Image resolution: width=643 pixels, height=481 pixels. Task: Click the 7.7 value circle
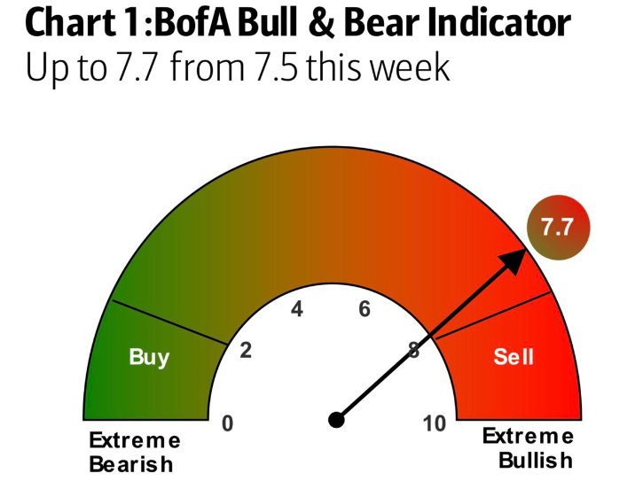(558, 228)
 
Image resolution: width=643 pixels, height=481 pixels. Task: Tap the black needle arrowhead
(514, 261)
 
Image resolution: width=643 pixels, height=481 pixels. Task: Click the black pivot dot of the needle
(336, 420)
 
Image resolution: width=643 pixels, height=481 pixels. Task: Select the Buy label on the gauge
(149, 357)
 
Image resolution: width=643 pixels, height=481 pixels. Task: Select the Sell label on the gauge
(514, 356)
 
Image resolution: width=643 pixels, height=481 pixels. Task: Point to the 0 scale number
(228, 423)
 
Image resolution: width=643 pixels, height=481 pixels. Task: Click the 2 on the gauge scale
(246, 350)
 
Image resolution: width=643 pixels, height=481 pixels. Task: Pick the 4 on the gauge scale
(297, 309)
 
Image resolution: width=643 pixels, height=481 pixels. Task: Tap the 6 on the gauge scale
(365, 309)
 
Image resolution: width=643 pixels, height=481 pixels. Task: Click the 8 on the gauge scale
(414, 350)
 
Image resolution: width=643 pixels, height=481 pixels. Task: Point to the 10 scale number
(435, 423)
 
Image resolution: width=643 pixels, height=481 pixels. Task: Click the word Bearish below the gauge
(131, 464)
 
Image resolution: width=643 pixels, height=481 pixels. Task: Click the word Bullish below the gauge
(536, 460)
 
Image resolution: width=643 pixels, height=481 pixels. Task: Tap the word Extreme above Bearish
(135, 441)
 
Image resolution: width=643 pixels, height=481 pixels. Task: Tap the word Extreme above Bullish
(528, 436)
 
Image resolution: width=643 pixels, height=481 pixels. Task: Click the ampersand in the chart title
(321, 22)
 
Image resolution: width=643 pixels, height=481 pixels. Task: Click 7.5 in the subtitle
(276, 66)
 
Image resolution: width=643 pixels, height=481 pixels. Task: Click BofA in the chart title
(195, 22)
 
